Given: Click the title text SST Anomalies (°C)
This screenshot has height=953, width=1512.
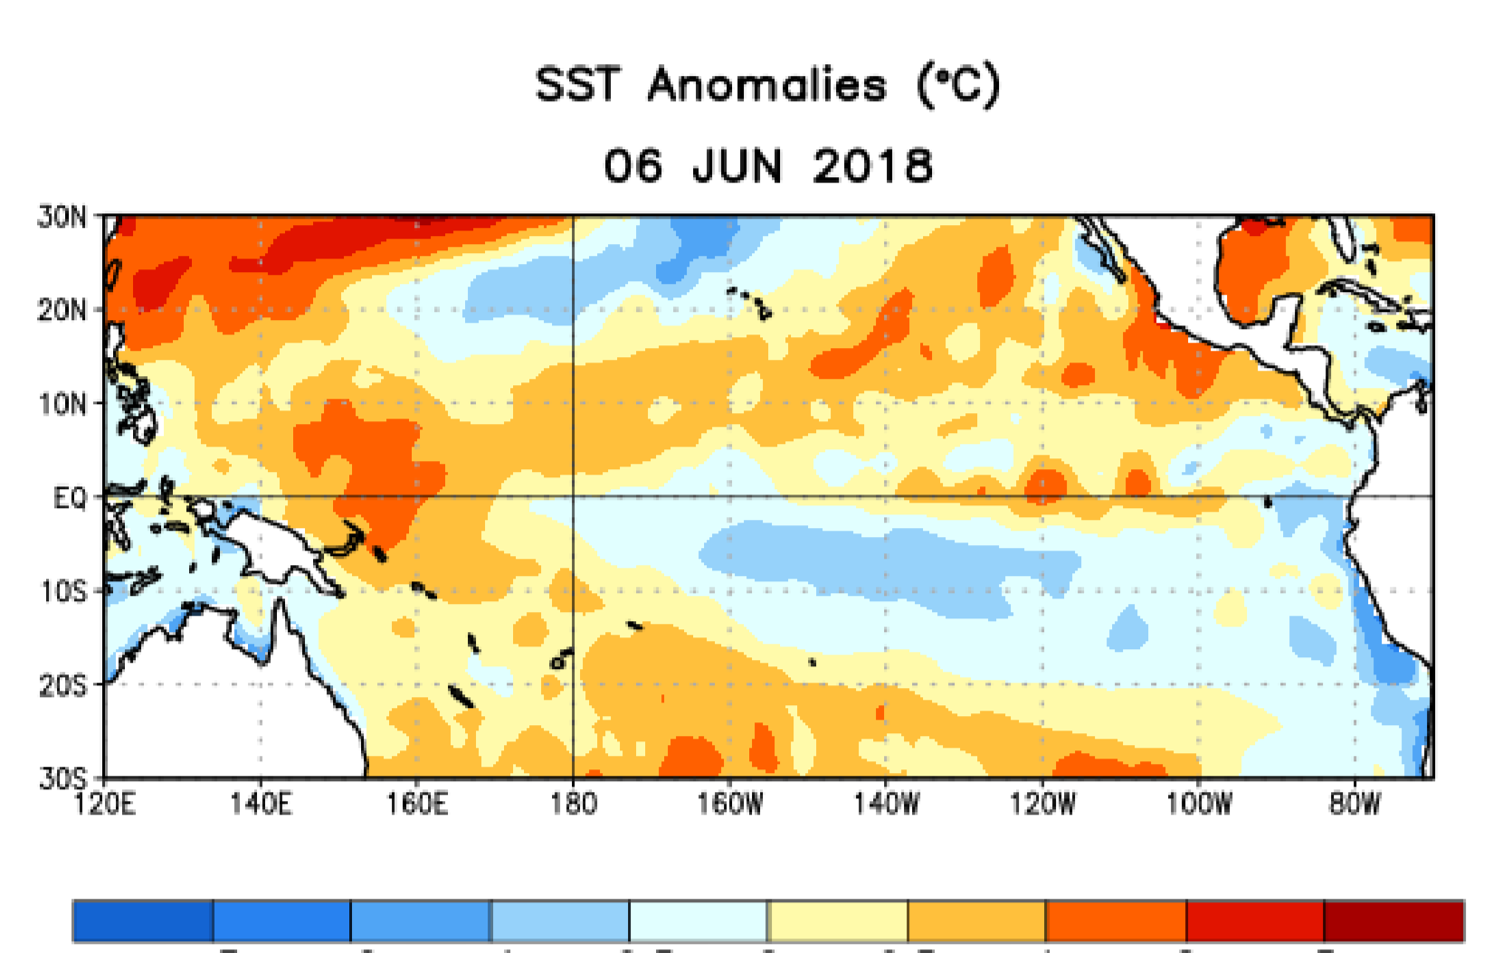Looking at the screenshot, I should pyautogui.click(x=767, y=85).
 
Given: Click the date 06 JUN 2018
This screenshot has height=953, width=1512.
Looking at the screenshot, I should pyautogui.click(x=767, y=166).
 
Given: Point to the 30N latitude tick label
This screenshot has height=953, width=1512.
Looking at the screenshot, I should pyautogui.click(x=62, y=217).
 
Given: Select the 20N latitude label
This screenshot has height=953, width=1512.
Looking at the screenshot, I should pyautogui.click(x=62, y=310).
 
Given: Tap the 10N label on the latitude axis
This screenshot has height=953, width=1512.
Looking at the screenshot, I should pyautogui.click(x=62, y=404).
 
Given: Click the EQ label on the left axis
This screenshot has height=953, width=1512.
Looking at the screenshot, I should pyautogui.click(x=70, y=497).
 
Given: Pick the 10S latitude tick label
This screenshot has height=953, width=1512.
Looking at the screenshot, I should pyautogui.click(x=62, y=591).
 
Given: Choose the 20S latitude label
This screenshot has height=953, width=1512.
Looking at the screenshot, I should pyautogui.click(x=62, y=685).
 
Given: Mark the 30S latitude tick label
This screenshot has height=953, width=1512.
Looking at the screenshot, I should pyautogui.click(x=62, y=778).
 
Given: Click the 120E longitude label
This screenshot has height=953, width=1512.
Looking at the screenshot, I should pyautogui.click(x=104, y=803).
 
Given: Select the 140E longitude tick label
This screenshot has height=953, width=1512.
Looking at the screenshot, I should pyautogui.click(x=261, y=803).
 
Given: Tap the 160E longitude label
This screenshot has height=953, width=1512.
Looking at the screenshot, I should pyautogui.click(x=417, y=803).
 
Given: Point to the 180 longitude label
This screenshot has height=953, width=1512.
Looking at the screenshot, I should pyautogui.click(x=573, y=803).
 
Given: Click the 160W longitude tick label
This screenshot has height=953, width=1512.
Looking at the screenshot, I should pyautogui.click(x=729, y=803).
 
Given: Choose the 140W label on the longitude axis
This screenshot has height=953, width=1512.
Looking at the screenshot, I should pyautogui.click(x=886, y=803).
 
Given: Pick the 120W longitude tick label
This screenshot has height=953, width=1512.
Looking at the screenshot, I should pyautogui.click(x=1042, y=803).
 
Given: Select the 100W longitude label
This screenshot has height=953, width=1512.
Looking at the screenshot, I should pyautogui.click(x=1199, y=803).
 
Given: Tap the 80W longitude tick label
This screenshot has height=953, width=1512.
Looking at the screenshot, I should pyautogui.click(x=1355, y=803).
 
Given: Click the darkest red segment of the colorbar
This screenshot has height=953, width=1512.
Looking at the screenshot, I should pyautogui.click(x=1393, y=921).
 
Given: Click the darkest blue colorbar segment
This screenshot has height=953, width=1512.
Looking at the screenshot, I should pyautogui.click(x=143, y=921).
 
